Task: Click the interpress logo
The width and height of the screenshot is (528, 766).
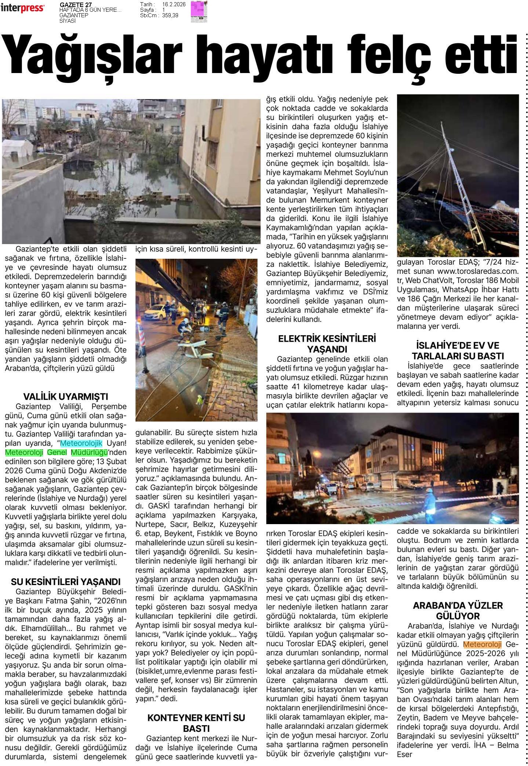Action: pos(23,8)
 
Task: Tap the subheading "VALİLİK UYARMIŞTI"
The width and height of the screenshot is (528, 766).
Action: pos(66,397)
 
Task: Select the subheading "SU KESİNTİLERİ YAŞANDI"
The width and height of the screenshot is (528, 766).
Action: pos(66,582)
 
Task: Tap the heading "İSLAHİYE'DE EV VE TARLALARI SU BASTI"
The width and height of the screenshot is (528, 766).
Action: pos(458,351)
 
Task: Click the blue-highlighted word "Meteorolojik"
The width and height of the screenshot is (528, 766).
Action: pos(81,443)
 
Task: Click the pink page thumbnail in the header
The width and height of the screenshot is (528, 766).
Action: pos(199,12)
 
